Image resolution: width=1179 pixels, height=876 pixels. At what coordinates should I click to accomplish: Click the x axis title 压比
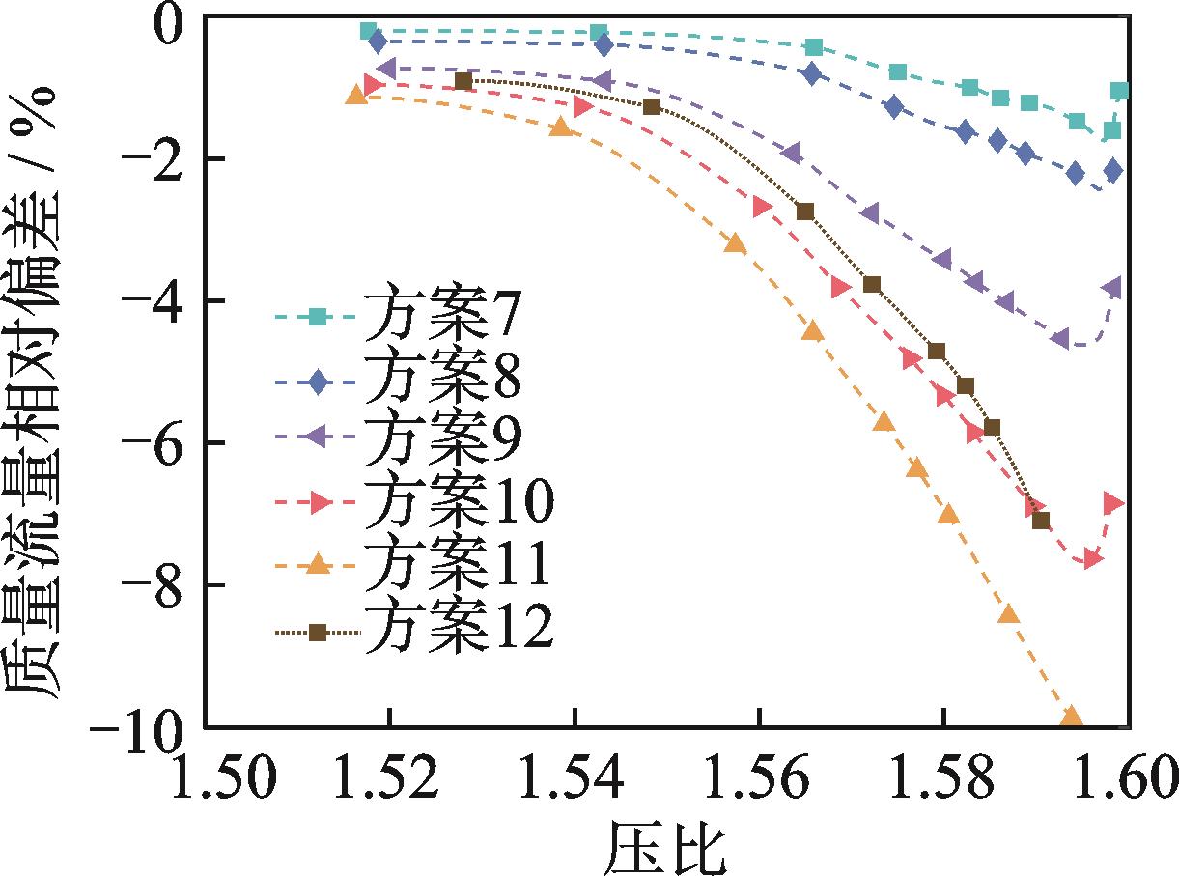(x=666, y=842)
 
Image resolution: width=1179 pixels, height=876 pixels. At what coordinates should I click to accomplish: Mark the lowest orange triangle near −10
(x=1070, y=718)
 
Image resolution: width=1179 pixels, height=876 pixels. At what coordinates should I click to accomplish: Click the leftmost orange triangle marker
(x=356, y=95)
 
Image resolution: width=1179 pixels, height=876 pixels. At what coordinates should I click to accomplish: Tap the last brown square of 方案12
(x=1040, y=521)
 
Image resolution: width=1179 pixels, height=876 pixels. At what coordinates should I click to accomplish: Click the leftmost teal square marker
(x=368, y=31)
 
